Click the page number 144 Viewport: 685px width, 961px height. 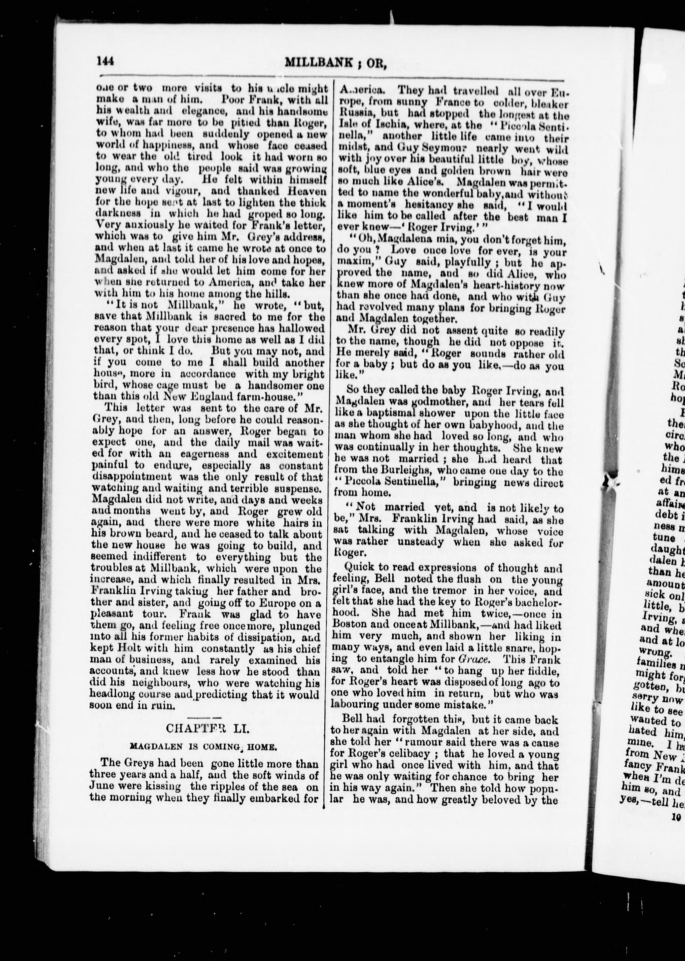click(105, 62)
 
